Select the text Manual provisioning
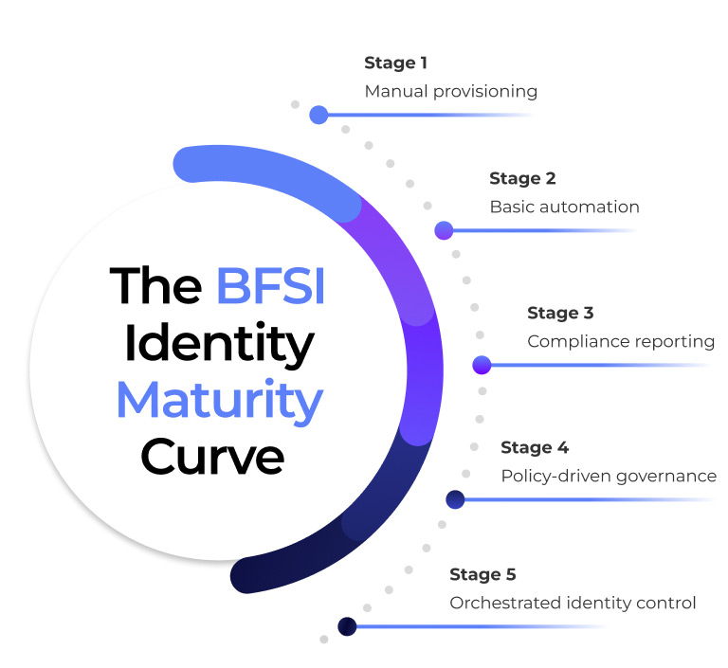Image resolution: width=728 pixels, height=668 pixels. click(450, 92)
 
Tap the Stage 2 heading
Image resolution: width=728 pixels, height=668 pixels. click(522, 178)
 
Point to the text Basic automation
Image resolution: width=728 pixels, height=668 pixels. click(564, 207)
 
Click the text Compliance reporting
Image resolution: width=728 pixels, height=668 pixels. click(620, 341)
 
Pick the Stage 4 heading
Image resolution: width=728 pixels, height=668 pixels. click(534, 447)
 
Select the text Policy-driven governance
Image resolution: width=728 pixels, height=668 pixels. click(608, 476)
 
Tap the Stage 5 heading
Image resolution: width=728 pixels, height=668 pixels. click(482, 574)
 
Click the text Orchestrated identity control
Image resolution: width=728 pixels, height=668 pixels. click(573, 603)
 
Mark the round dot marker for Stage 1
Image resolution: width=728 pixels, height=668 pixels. click(318, 115)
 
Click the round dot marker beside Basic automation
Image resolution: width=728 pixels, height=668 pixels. click(444, 229)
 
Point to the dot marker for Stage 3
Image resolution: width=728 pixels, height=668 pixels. click(482, 364)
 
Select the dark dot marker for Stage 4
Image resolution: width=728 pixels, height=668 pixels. click(455, 498)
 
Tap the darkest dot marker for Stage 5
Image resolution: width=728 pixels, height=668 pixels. click(347, 626)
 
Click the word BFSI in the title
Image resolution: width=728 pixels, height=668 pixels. click(270, 285)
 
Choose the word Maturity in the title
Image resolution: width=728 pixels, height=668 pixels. click(219, 401)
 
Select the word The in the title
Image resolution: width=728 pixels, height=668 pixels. click(155, 285)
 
